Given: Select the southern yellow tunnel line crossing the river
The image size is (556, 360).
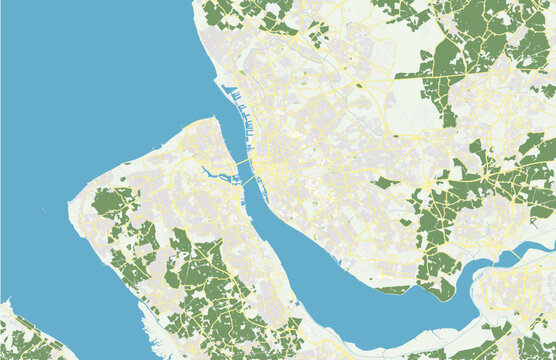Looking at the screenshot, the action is (x=249, y=185).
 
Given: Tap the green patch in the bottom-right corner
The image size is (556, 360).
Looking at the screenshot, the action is (x=530, y=346).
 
